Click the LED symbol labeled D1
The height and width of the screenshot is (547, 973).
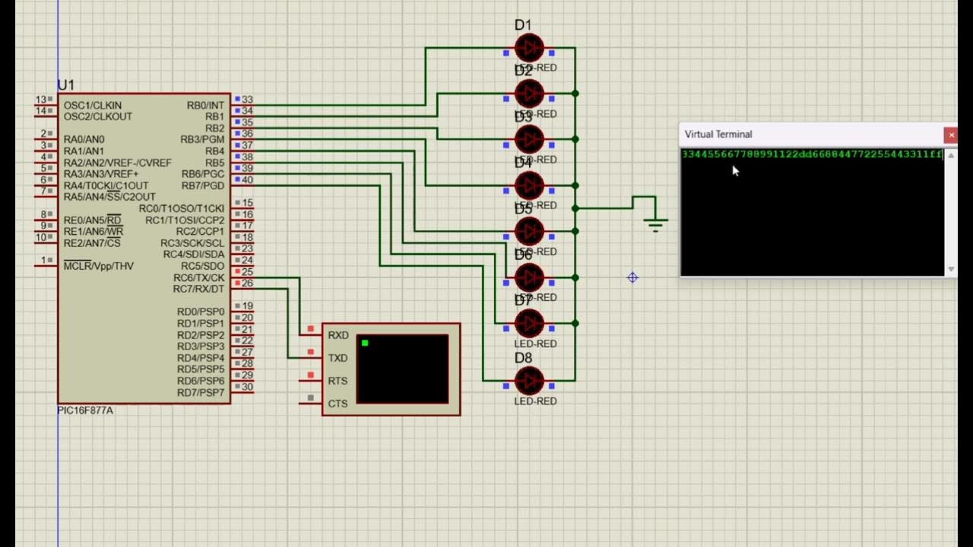[529, 48]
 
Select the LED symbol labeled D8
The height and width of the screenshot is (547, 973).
[529, 380]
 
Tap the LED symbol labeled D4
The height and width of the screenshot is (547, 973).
[529, 185]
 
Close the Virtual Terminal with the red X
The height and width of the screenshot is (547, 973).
[950, 134]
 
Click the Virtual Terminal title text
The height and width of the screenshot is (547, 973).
[718, 134]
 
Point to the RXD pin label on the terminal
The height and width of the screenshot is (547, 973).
[338, 335]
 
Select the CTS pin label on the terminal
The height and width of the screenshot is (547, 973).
[338, 403]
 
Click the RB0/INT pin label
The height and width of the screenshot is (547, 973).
[205, 106]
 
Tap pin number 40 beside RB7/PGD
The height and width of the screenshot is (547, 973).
[247, 180]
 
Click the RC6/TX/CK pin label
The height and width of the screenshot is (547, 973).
[198, 278]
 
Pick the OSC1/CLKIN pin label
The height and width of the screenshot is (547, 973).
[92, 106]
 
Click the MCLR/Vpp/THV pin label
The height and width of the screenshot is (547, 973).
[98, 266]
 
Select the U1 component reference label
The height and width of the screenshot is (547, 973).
[66, 85]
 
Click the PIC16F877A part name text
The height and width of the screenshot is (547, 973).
[85, 410]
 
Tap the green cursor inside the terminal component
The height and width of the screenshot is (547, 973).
[365, 343]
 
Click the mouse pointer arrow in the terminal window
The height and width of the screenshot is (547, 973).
[735, 171]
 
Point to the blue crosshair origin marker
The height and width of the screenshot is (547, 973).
[632, 278]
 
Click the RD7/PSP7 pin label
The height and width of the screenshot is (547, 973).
[201, 393]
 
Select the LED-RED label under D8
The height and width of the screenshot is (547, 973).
[535, 401]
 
